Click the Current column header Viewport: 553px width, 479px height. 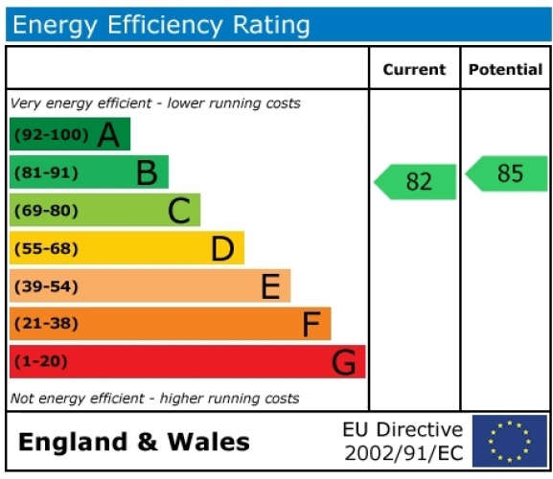pos(414,69)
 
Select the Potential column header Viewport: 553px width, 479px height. pos(505,69)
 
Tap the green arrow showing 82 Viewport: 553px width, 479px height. pos(415,182)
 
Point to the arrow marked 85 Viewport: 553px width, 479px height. pos(507,173)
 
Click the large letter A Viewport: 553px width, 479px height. pos(108,135)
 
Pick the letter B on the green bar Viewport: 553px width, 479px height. pos(147,172)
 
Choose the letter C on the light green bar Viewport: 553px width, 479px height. pos(179,211)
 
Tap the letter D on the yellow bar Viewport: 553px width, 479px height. pos(222,249)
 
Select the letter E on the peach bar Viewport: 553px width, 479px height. pos(271,286)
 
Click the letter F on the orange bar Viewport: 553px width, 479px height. pos(311,324)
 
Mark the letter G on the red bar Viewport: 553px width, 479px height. pos(344,362)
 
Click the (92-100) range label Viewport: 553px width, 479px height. pos(52,135)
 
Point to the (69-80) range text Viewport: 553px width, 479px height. pos(46,211)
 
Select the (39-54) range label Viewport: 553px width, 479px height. pos(46,286)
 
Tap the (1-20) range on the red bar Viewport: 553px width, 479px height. pos(41,361)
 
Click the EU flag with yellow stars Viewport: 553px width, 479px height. pos(510,441)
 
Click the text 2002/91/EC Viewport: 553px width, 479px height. pos(403,453)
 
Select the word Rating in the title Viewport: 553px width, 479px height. pos(271,26)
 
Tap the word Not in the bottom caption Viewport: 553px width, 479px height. pos(23,399)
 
